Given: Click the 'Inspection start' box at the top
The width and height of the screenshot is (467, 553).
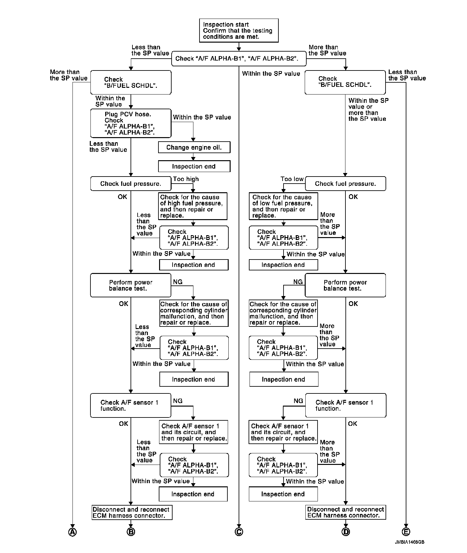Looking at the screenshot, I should (239, 30).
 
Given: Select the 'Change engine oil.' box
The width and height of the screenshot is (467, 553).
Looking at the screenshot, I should (194, 147).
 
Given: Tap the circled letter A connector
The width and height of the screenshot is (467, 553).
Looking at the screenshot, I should (73, 532).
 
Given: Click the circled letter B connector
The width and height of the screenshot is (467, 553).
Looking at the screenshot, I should (131, 532).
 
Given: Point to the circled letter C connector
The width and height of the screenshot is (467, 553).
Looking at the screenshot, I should (239, 532).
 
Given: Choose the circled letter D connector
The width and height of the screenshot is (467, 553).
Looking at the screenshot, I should (346, 532).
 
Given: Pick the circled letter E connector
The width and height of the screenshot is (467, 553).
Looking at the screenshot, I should (406, 532).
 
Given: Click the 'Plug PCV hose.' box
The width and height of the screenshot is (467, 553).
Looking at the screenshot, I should (131, 123).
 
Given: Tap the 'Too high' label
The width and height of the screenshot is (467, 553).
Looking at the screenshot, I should (186, 179).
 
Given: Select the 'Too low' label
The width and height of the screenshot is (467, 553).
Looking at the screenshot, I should (292, 179).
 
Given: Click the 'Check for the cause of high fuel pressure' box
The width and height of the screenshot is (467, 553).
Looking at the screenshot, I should (193, 206).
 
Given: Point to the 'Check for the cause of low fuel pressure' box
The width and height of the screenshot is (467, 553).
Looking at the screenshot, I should (283, 206).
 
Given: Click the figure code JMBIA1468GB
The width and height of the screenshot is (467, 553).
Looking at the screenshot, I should (410, 542).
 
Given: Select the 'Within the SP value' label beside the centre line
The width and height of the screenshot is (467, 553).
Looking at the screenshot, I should (271, 74).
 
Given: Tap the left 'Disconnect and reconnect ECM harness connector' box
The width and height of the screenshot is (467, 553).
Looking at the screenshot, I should (132, 512).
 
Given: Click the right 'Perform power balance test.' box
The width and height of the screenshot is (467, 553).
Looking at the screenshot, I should (345, 285).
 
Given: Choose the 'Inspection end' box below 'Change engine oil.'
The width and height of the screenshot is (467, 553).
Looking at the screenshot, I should (194, 166).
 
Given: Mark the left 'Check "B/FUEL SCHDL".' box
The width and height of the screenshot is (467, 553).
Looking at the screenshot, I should (131, 82).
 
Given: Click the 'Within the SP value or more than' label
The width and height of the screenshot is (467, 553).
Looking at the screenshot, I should (368, 110).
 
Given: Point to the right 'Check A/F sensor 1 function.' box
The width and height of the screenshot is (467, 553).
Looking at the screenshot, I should (345, 405).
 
